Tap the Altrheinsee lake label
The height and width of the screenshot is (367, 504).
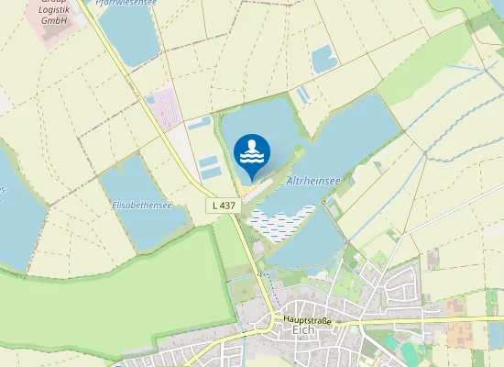coord(314,183)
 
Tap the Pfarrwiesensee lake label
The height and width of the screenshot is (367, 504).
coord(123,3)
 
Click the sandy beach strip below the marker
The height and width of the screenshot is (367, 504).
coord(252,189)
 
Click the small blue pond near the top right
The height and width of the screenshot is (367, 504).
coord(324,60)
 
